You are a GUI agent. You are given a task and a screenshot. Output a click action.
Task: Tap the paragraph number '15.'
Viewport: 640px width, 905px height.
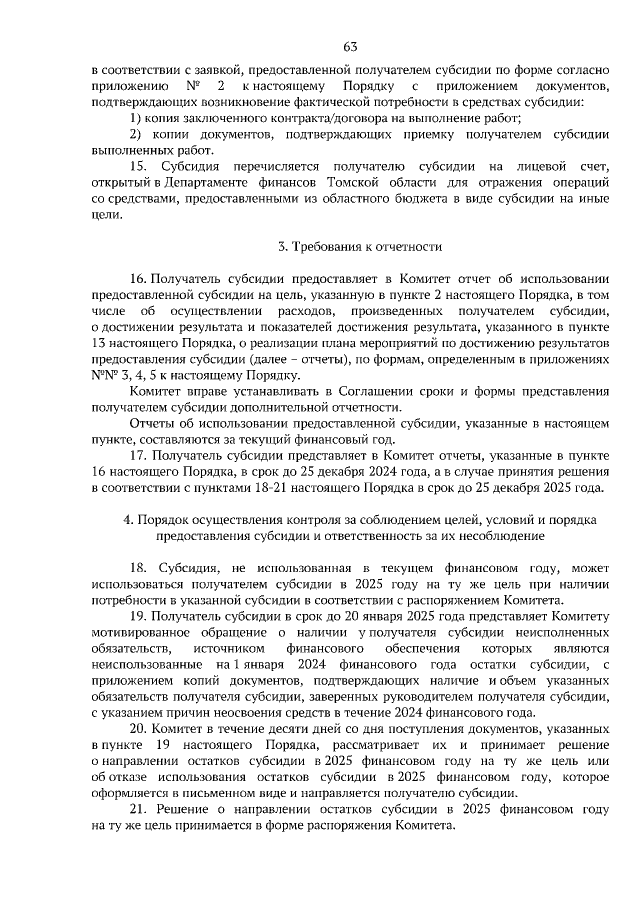click(x=141, y=164)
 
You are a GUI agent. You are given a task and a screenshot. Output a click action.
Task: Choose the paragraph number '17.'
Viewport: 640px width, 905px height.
click(x=140, y=454)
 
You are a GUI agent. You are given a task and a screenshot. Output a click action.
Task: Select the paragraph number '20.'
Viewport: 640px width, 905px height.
click(x=140, y=731)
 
